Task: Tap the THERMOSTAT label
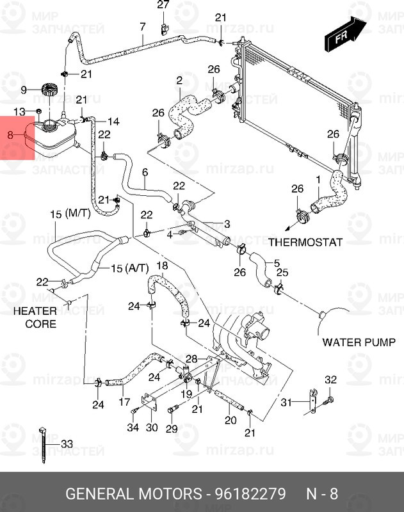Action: tap(305, 243)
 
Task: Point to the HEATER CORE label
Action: tap(36, 317)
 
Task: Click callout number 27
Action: tap(163, 6)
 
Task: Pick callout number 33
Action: tap(67, 444)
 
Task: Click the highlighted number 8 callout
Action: tap(9, 135)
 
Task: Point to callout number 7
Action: tap(142, 26)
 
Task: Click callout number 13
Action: tap(20, 112)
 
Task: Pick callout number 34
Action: tap(133, 428)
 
